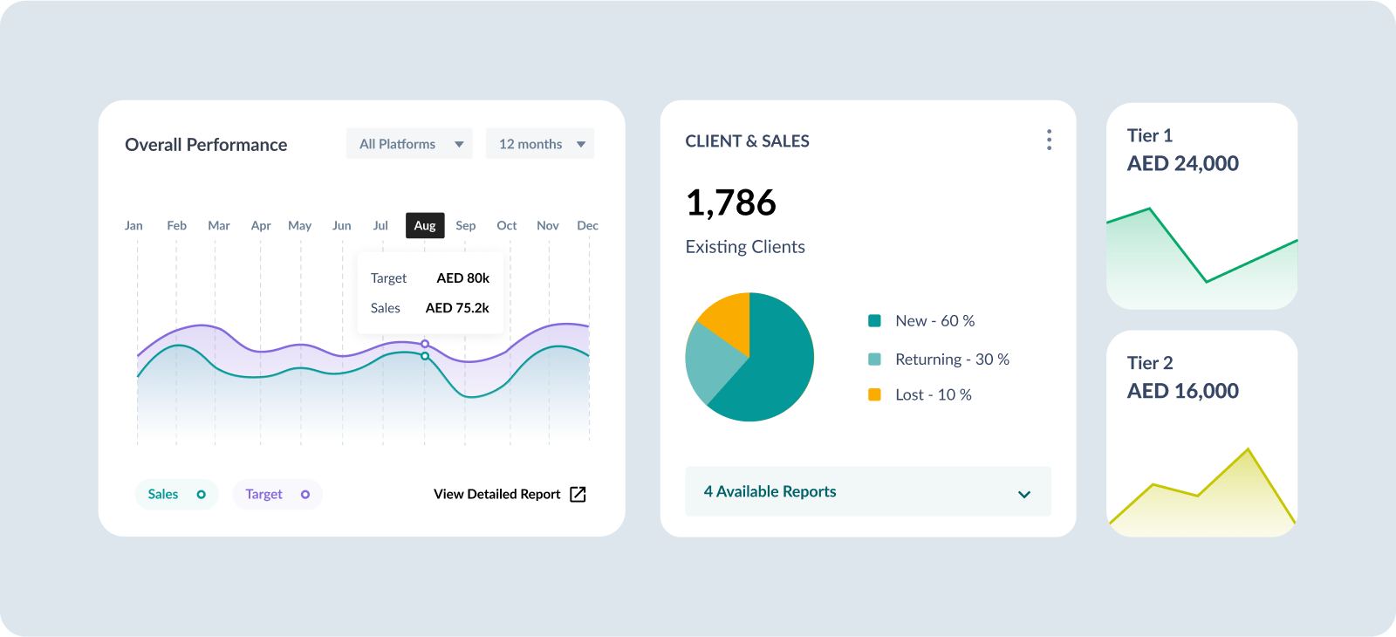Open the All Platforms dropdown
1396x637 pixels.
click(409, 144)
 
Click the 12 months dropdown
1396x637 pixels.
click(540, 144)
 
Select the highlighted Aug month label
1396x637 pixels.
click(425, 225)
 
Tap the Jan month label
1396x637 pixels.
click(133, 225)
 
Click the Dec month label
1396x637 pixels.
click(587, 225)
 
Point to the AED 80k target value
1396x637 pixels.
click(462, 278)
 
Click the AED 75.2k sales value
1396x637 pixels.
click(457, 308)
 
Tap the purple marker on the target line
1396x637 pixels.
click(425, 344)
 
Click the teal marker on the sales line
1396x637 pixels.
click(425, 356)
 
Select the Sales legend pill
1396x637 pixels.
click(176, 494)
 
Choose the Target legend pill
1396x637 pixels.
click(277, 494)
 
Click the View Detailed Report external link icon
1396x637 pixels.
click(578, 494)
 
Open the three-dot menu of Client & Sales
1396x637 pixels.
click(1049, 140)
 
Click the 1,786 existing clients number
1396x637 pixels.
click(730, 202)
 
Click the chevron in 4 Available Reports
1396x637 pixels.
click(1024, 494)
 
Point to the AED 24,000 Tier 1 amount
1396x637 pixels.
click(1182, 164)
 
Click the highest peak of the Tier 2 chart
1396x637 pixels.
click(1248, 450)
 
